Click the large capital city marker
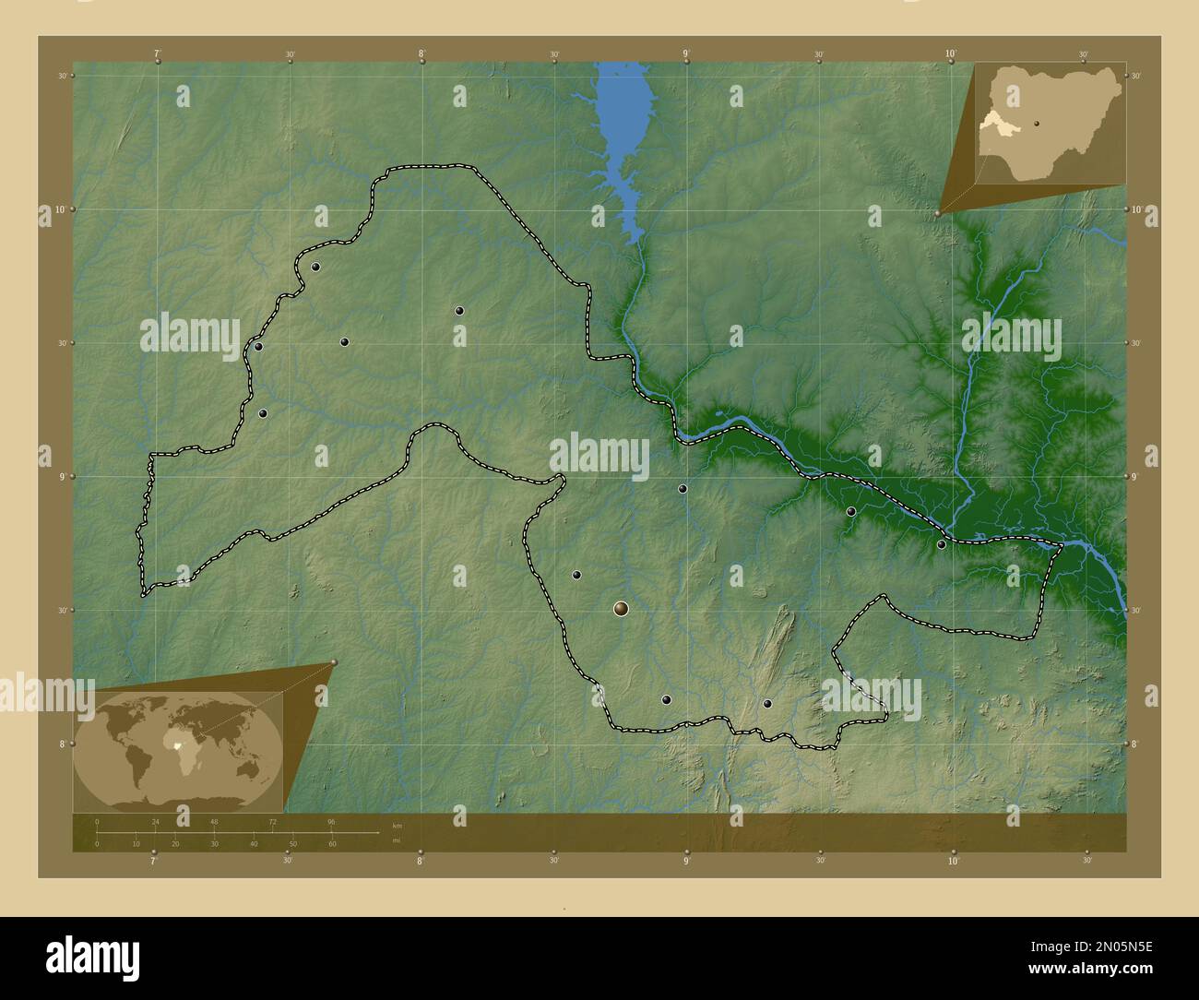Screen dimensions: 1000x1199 click(x=621, y=608)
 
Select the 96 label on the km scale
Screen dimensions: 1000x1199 click(x=331, y=822)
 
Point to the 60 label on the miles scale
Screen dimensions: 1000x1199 click(x=332, y=844)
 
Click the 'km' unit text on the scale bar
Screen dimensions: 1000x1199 click(x=397, y=825)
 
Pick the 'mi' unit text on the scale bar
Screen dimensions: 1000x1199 click(x=396, y=840)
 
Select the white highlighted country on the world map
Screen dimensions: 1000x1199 click(x=177, y=741)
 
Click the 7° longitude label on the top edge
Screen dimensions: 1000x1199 click(x=158, y=54)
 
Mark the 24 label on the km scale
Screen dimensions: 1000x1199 click(x=156, y=822)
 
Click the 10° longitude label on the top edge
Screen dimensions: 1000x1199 click(x=951, y=54)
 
